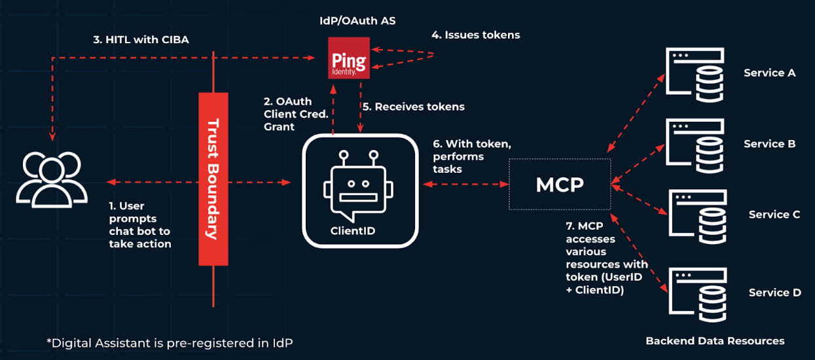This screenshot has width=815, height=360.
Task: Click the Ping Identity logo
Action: tap(349, 58)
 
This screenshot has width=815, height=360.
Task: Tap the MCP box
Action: tap(560, 185)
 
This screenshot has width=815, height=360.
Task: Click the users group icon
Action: tap(52, 180)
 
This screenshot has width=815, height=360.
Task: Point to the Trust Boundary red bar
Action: tap(213, 178)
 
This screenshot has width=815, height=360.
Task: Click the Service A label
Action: tap(769, 73)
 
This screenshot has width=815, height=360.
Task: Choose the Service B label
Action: tap(769, 143)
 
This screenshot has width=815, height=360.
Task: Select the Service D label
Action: tap(774, 293)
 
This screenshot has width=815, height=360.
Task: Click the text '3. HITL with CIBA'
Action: tap(141, 40)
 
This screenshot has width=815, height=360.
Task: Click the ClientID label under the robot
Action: tap(357, 230)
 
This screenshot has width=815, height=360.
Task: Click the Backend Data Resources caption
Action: tap(715, 340)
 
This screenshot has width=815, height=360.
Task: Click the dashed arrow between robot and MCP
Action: tap(465, 185)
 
